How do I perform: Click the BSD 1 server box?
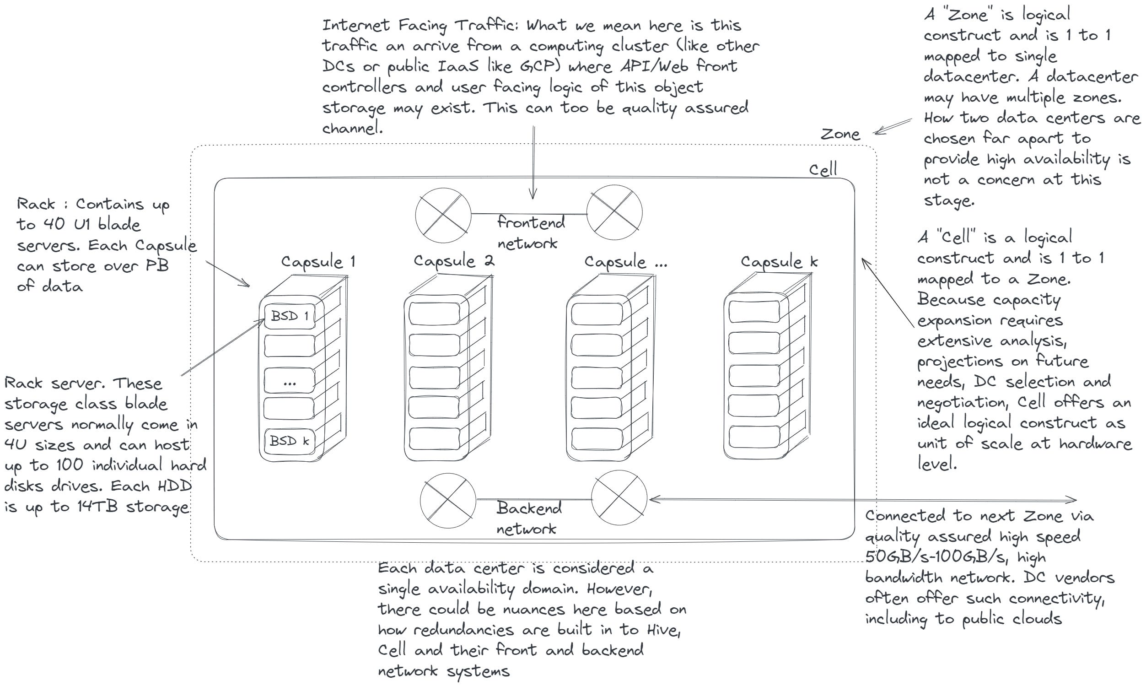click(289, 317)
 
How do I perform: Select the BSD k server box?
click(289, 441)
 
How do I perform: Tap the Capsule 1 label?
click(318, 262)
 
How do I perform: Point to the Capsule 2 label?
click(454, 261)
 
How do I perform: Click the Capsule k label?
click(779, 262)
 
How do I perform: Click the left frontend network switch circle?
click(443, 215)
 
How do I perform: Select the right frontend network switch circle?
click(614, 213)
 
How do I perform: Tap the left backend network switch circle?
click(448, 500)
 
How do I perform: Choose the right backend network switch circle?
click(619, 498)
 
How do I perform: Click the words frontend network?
click(530, 232)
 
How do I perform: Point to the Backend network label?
click(528, 518)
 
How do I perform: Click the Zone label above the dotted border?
click(840, 135)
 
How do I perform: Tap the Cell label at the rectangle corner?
click(823, 170)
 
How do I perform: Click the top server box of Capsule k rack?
click(753, 311)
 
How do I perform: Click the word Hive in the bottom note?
click(662, 630)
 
